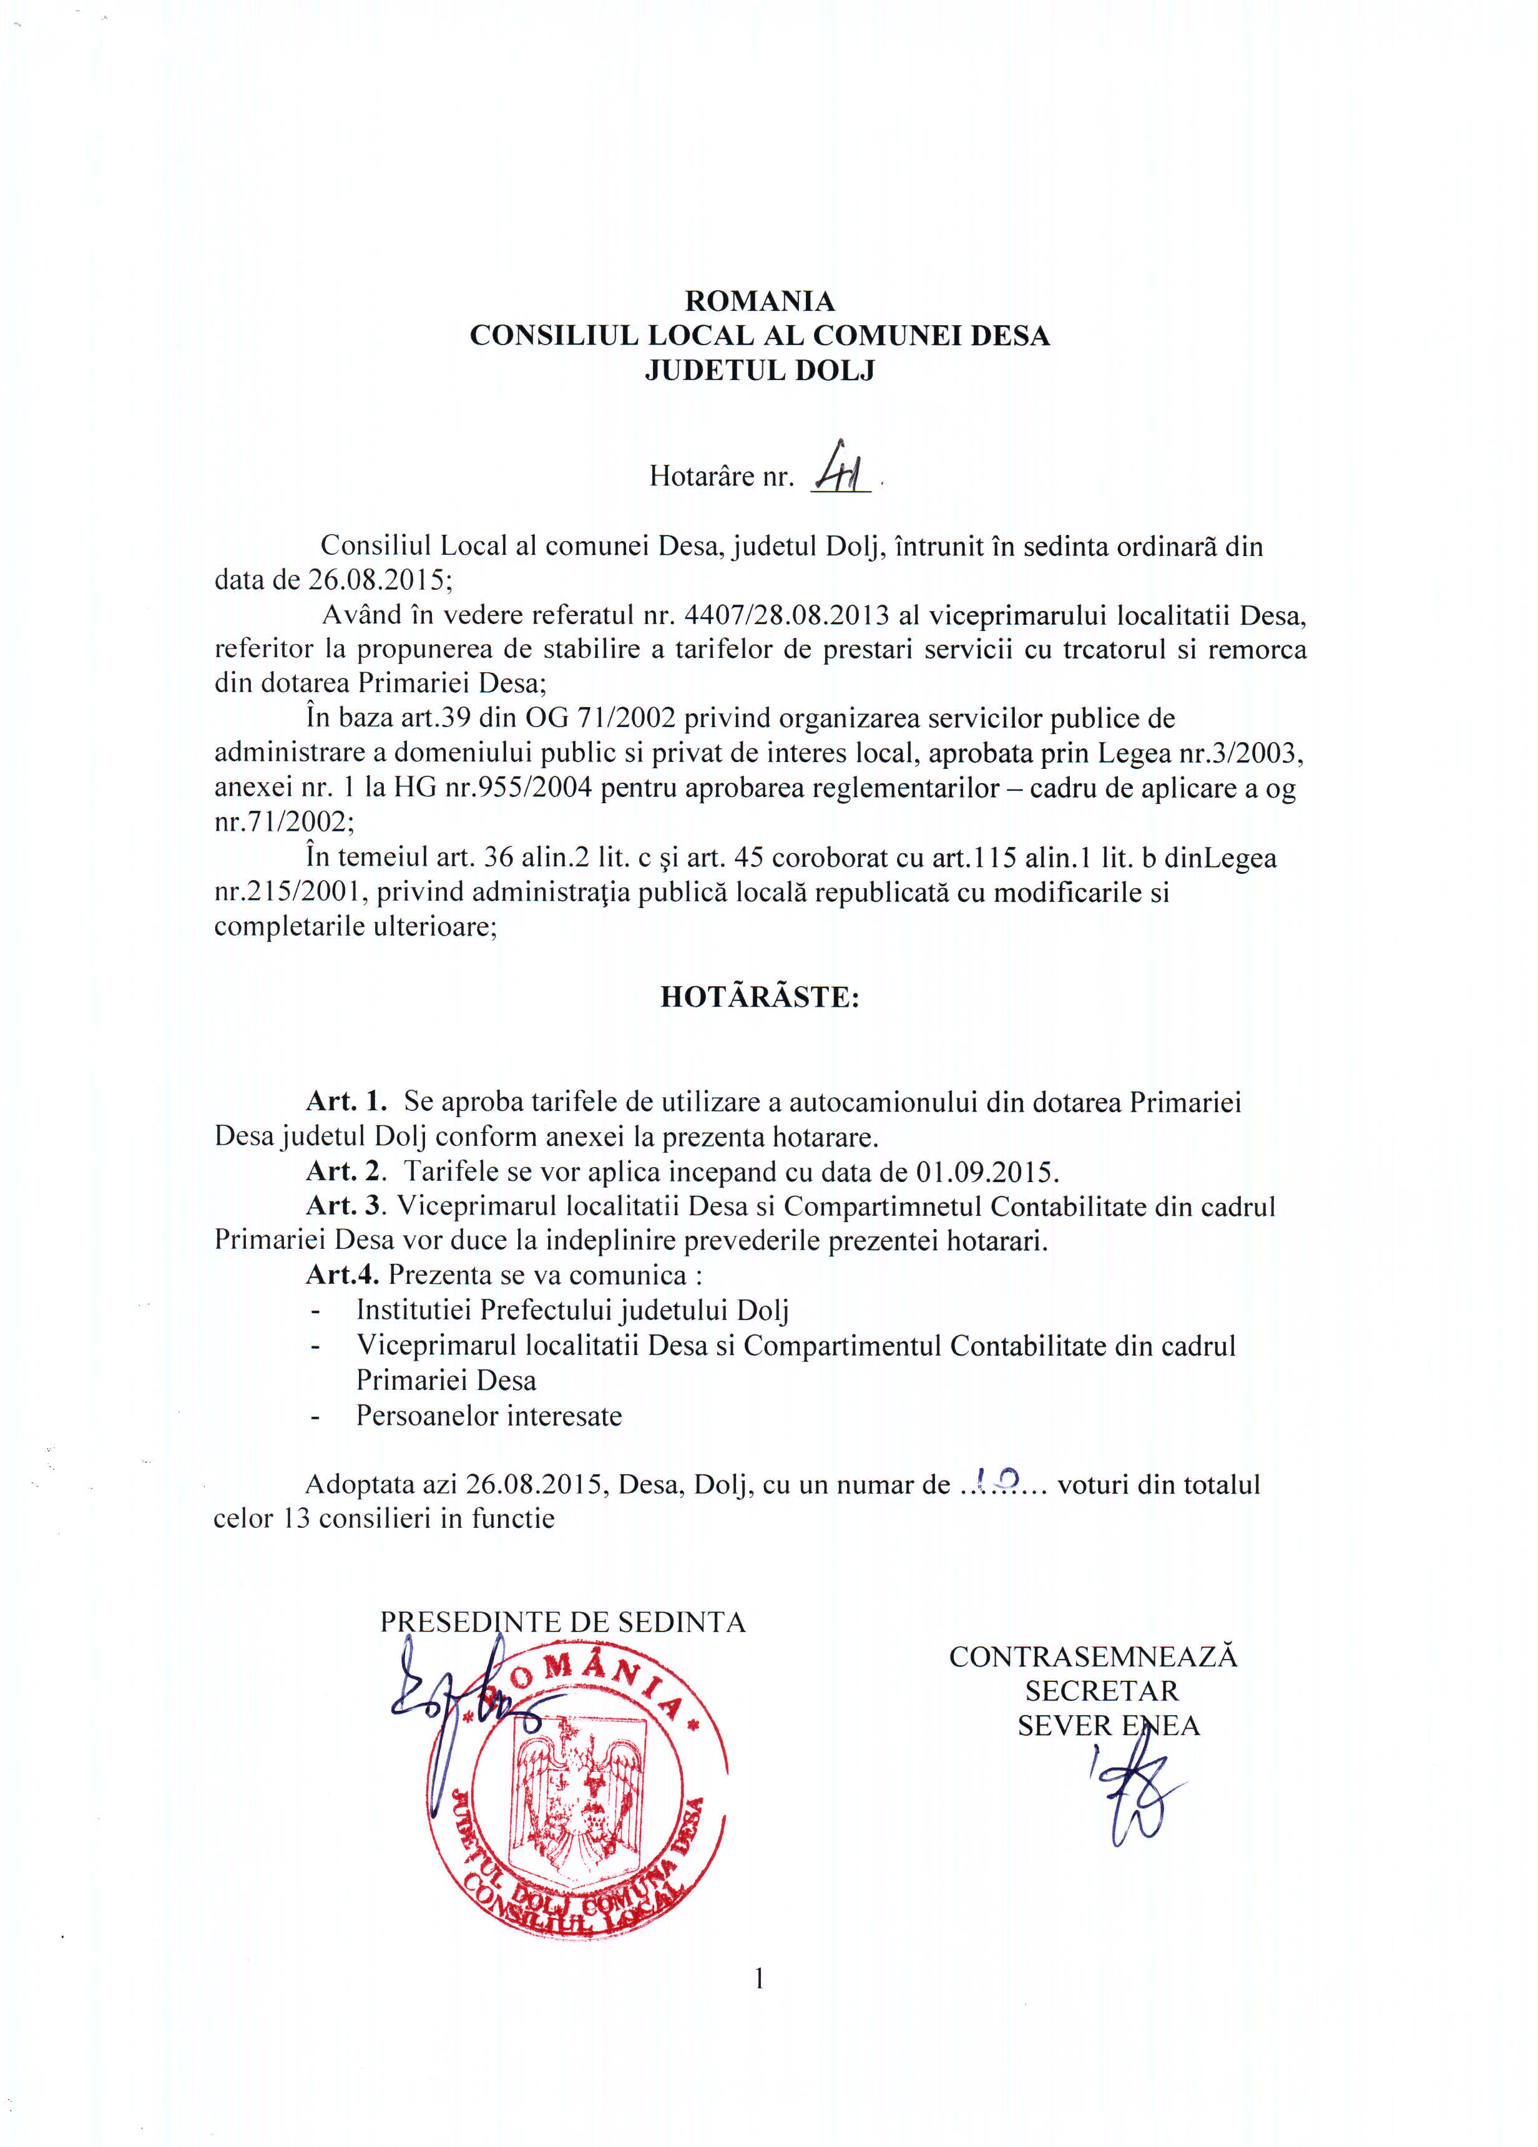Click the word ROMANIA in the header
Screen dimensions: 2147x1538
click(759, 301)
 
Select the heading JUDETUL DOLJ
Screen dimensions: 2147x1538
click(759, 370)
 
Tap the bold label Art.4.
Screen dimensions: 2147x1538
click(343, 1275)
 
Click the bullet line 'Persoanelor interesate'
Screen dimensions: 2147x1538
click(488, 1416)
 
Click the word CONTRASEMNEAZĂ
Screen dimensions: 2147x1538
click(1093, 1656)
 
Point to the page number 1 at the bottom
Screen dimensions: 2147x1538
click(759, 1978)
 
